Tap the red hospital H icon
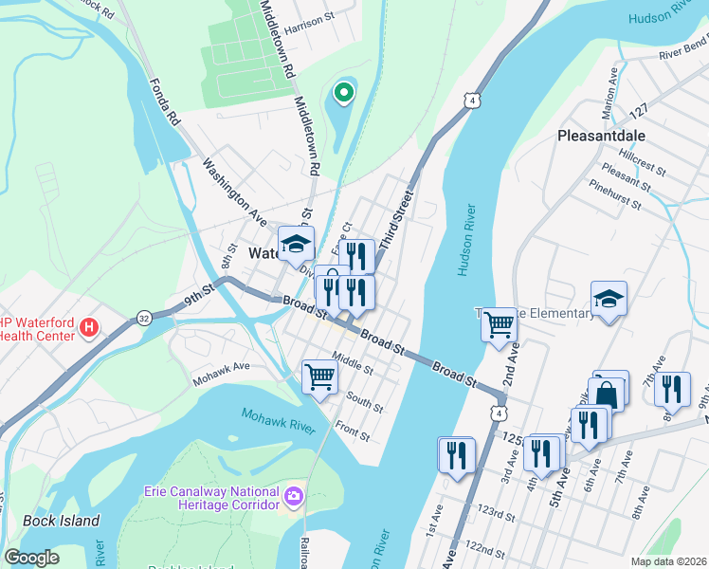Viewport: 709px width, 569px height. point(89,328)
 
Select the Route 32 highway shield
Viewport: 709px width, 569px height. point(143,317)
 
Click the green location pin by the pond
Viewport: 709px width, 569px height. point(343,93)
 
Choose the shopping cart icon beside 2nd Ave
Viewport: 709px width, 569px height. point(499,325)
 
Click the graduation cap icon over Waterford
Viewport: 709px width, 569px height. point(296,243)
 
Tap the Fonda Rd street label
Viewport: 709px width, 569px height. point(164,103)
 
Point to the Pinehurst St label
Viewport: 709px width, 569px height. point(615,194)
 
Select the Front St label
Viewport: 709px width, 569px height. point(352,432)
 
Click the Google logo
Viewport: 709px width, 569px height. point(31,558)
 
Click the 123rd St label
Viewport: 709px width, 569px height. point(496,518)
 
